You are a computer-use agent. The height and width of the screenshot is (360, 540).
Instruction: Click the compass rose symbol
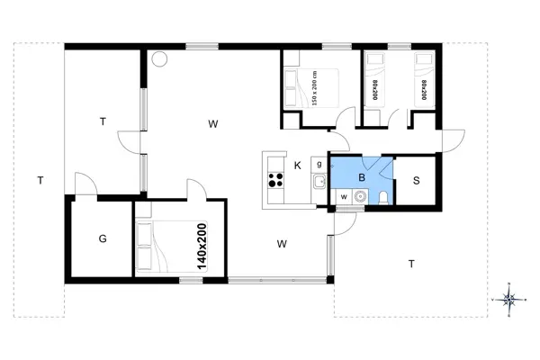point(509,301)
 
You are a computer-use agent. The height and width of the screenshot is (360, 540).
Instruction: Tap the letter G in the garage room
point(103,238)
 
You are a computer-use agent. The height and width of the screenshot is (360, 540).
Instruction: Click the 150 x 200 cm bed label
point(314,88)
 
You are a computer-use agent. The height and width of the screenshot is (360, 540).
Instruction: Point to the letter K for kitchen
point(297,165)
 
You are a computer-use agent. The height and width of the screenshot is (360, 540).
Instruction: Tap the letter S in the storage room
point(416,179)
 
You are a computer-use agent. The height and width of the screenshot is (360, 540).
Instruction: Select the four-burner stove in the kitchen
point(274,180)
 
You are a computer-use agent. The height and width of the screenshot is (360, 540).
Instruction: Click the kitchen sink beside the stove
point(319,183)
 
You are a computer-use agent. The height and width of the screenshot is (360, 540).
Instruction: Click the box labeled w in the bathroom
point(342,196)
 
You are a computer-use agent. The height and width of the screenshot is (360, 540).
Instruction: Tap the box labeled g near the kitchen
point(319,163)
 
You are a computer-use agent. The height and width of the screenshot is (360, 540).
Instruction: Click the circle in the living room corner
point(160,58)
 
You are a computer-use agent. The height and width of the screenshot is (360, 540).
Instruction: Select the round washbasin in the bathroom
point(361,197)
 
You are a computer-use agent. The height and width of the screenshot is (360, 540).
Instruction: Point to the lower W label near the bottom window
point(282,243)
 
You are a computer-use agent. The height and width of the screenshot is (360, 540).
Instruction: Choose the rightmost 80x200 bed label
point(423,89)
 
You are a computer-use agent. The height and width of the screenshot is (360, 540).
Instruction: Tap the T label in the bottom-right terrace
point(411,264)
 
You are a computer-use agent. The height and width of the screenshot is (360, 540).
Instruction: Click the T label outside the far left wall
point(40,180)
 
